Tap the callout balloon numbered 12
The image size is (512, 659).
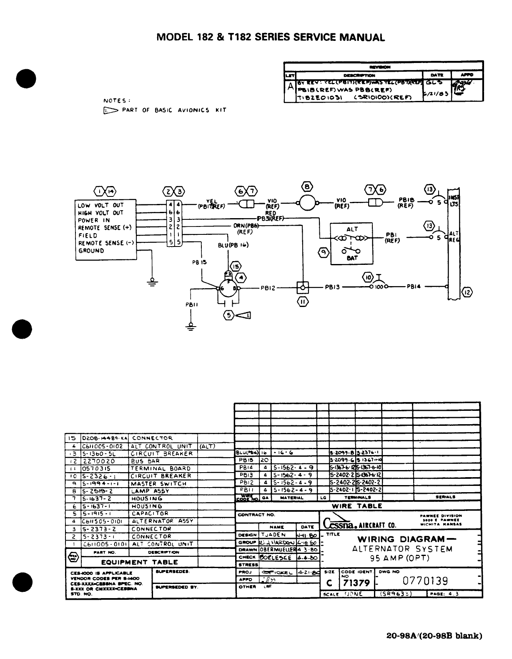[467, 292]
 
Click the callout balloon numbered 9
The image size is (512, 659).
[322, 252]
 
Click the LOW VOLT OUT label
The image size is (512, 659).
[100, 205]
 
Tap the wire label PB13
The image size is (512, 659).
[333, 287]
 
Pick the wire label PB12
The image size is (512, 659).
[269, 287]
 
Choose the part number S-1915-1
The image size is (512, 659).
[96, 513]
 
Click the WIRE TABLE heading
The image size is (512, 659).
[356, 506]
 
